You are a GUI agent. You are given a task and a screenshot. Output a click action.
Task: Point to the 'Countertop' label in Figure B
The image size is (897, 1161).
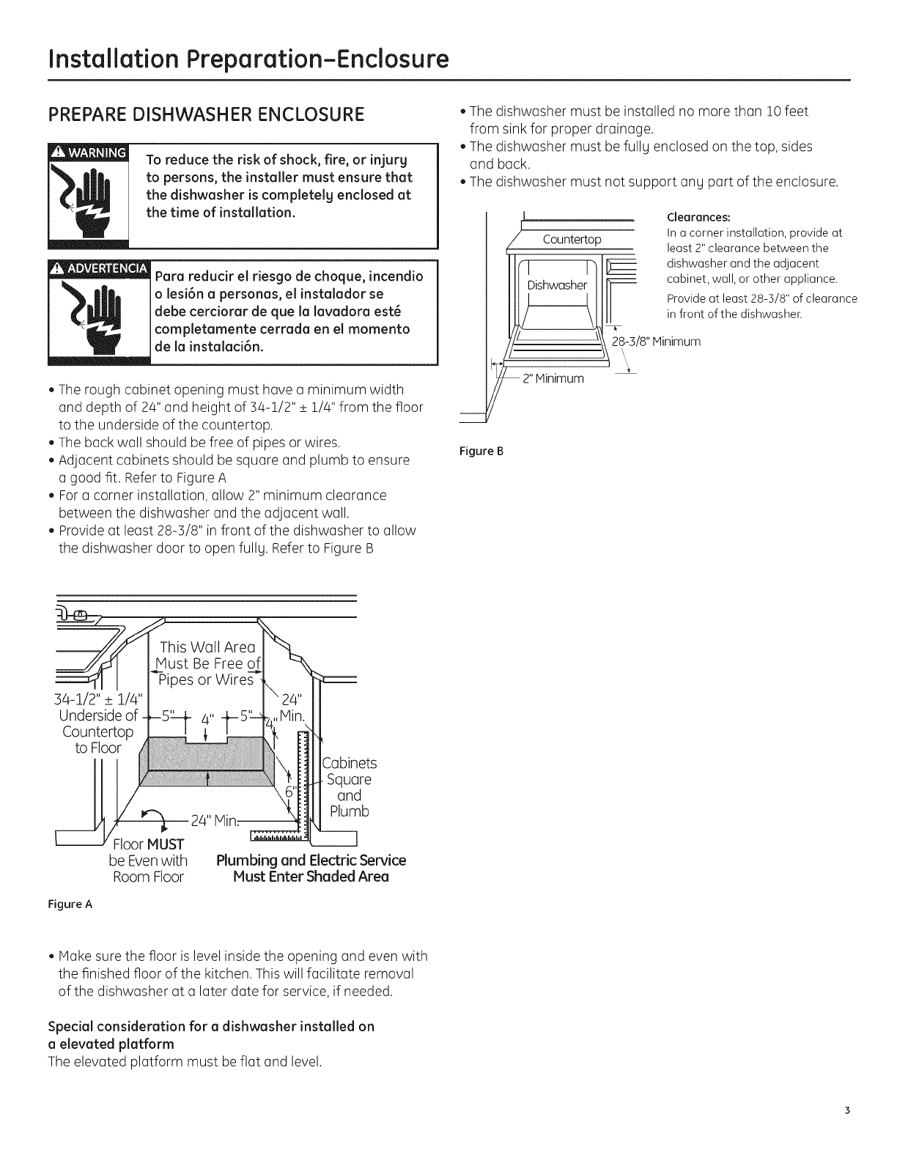[x=572, y=240]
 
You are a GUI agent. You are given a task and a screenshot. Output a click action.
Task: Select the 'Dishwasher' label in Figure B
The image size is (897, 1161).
[x=557, y=285]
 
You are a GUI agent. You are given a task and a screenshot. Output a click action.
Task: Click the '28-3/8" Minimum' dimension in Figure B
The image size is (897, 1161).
[x=656, y=342]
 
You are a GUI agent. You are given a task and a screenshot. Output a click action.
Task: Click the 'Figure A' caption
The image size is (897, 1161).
[x=71, y=903]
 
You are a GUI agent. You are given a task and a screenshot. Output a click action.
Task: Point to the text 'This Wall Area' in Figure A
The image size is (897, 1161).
[x=207, y=646]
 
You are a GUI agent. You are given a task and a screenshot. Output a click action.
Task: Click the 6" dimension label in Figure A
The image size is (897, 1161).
[x=289, y=792]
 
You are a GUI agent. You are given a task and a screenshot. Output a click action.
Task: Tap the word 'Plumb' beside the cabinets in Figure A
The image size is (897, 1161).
[x=350, y=811]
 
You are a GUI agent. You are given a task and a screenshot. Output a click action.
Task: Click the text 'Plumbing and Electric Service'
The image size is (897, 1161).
[x=311, y=860]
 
